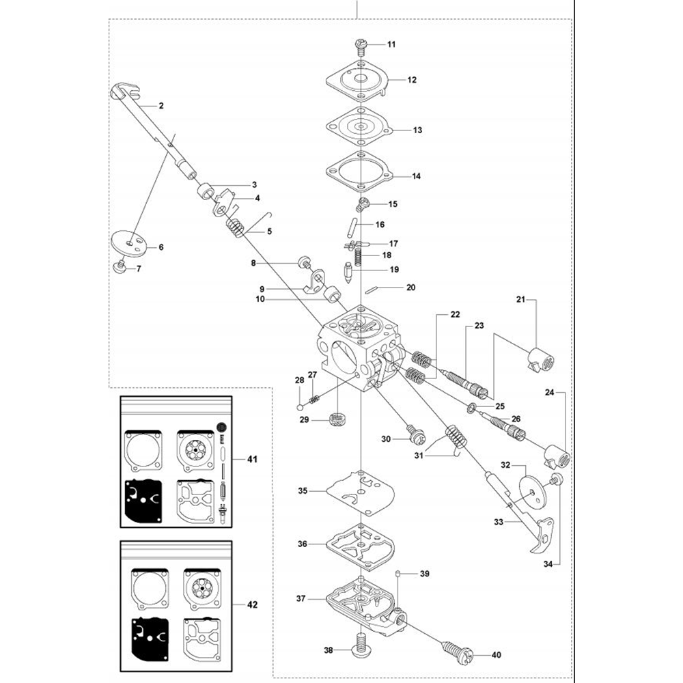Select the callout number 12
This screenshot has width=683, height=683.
coord(412,80)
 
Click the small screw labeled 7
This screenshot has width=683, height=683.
coord(120,266)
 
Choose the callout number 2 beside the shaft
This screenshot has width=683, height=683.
coord(161,106)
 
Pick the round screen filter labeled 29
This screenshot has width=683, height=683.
coord(335,419)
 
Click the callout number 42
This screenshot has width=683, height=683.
coord(252,604)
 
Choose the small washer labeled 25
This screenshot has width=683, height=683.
coord(472,408)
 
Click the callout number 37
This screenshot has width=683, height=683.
coord(301,598)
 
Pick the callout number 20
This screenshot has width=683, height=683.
coord(410,288)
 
